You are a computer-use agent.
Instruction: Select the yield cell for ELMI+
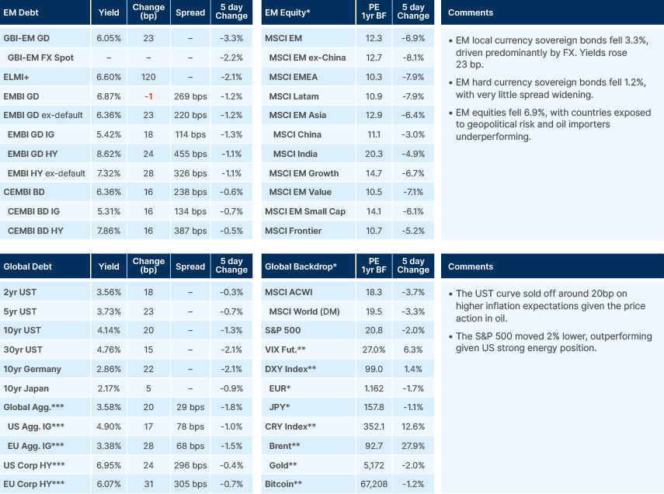109,77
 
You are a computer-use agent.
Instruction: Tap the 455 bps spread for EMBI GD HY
190,154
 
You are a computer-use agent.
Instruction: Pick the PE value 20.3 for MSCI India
374,154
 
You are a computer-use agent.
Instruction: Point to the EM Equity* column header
289,13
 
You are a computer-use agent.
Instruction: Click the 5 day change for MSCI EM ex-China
412,57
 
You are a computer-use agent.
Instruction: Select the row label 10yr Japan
27,388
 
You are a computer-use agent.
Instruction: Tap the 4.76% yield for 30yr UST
109,350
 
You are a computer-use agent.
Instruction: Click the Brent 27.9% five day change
412,446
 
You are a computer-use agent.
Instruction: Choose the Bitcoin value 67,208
374,484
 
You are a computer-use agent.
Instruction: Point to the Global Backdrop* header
301,266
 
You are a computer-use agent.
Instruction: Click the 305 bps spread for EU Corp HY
190,484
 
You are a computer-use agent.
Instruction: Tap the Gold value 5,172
374,465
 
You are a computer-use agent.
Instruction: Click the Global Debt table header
29,266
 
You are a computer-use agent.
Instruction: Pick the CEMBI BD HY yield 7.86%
109,231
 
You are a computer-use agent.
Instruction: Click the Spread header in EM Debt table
190,13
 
